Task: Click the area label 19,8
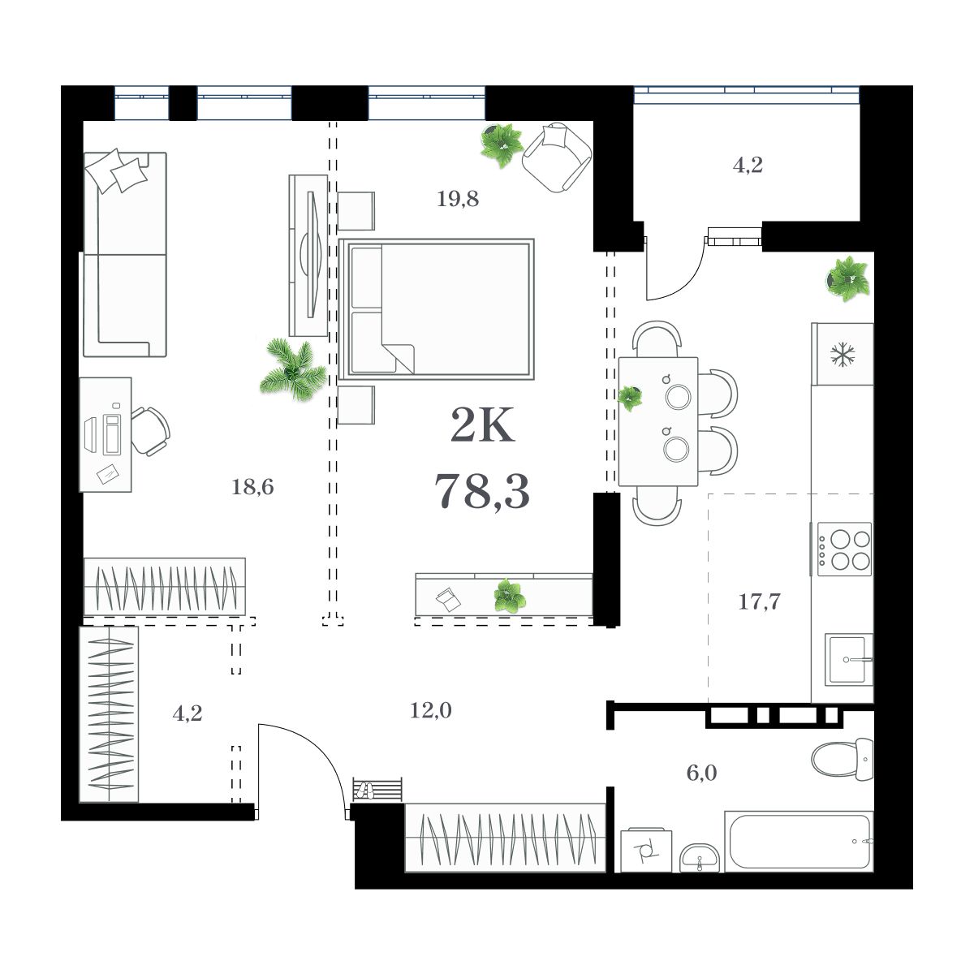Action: [458, 199]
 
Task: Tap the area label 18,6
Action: [252, 487]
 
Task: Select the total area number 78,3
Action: [482, 491]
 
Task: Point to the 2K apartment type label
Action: [482, 427]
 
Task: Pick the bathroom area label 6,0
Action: [701, 773]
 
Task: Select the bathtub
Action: [800, 842]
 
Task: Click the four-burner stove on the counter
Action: [845, 549]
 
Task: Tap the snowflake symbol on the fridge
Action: [843, 355]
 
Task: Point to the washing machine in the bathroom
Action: [646, 850]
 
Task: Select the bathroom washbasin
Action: [698, 857]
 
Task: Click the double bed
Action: [437, 309]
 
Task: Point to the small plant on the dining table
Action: [630, 398]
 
